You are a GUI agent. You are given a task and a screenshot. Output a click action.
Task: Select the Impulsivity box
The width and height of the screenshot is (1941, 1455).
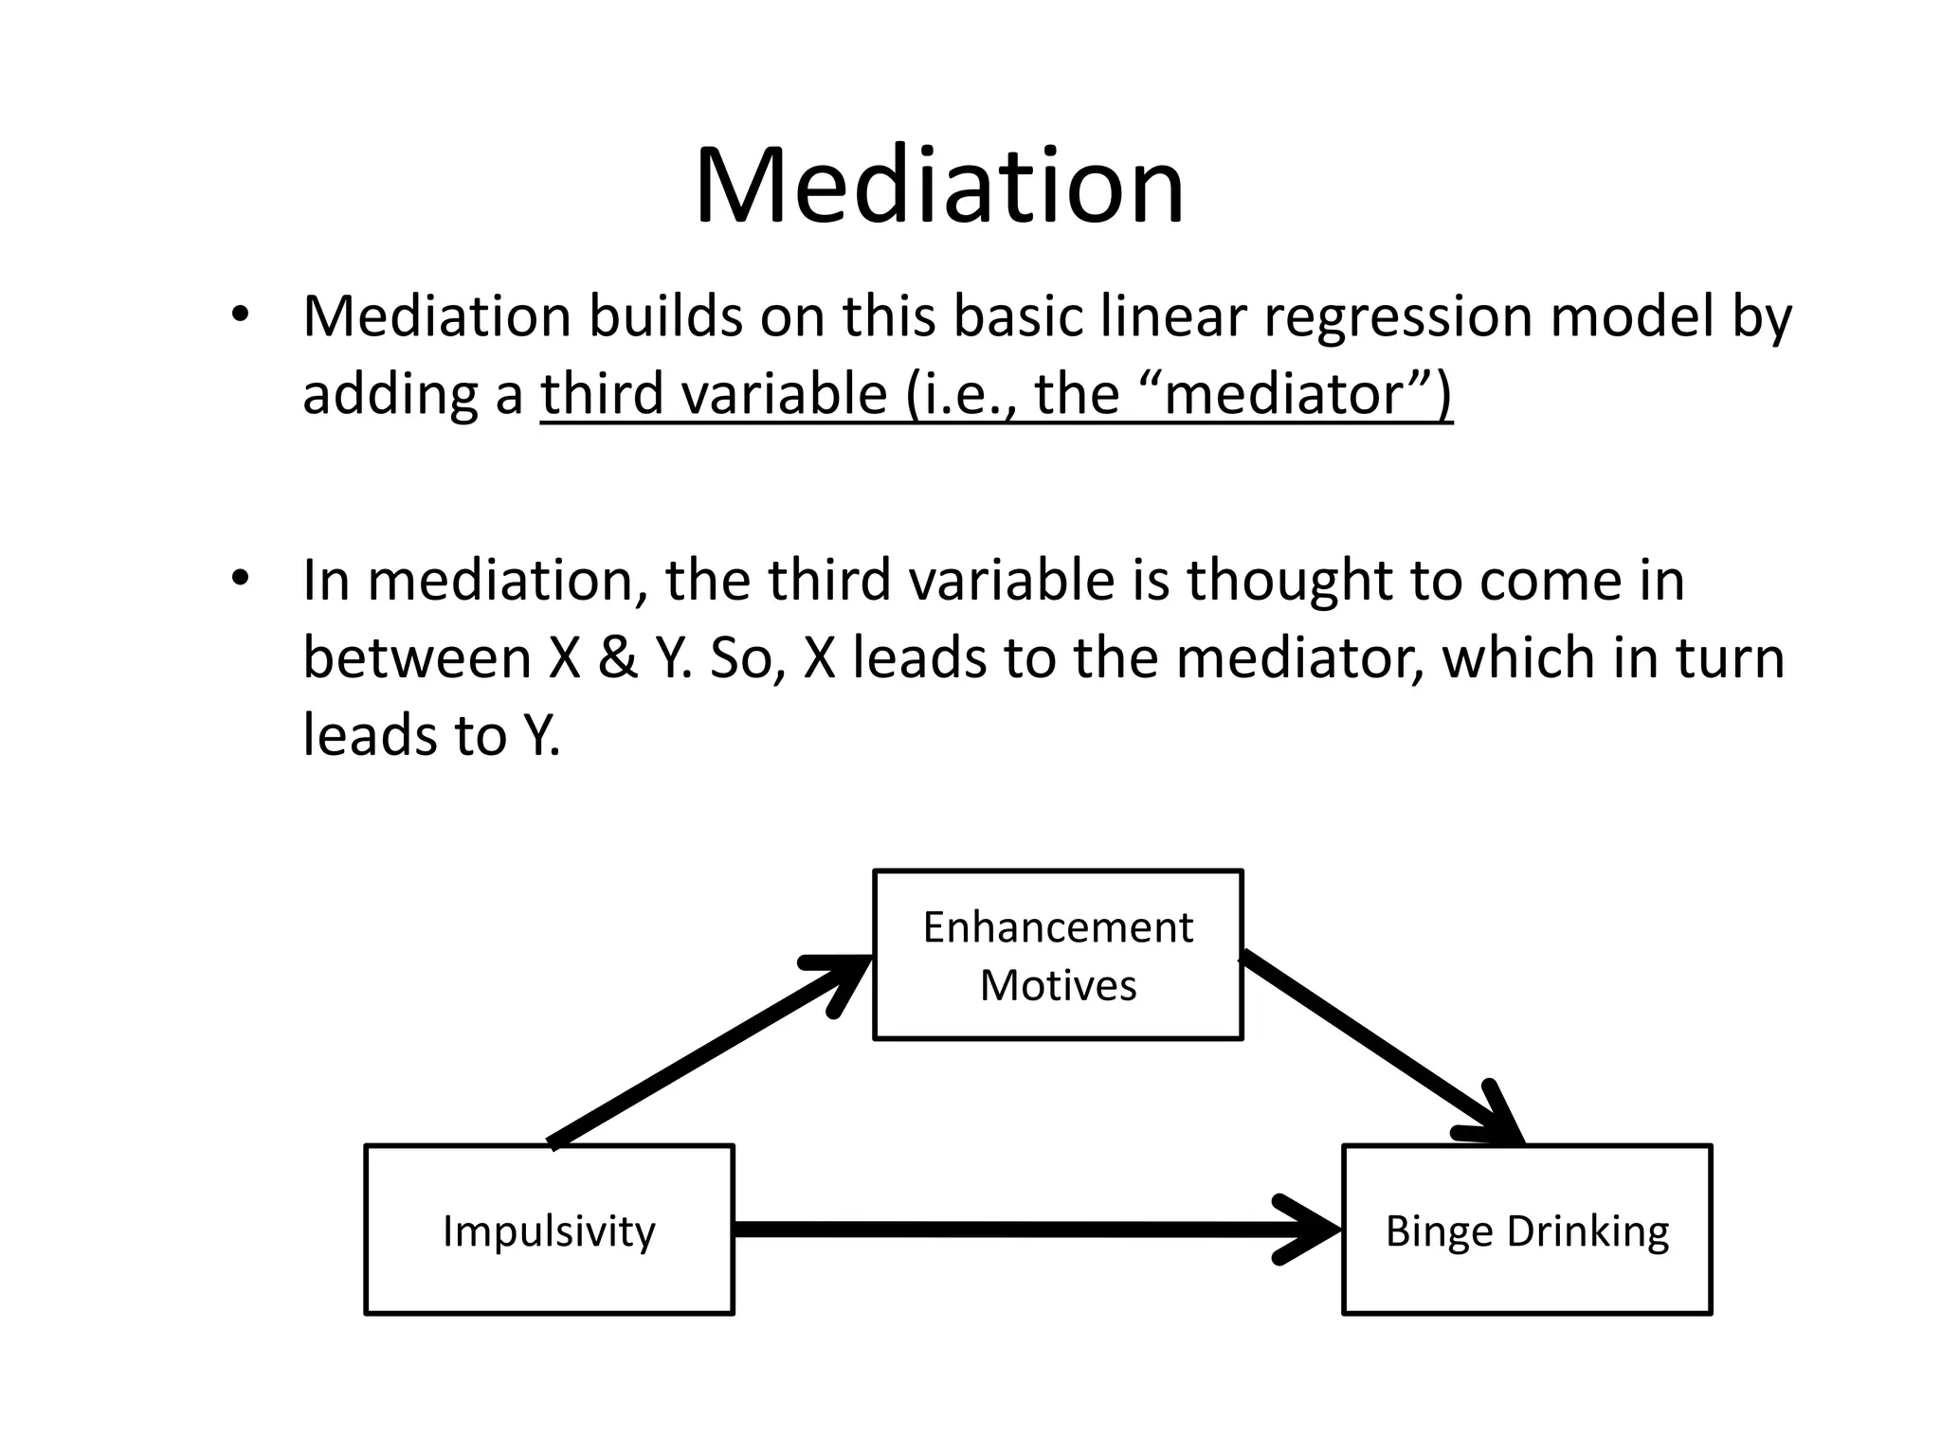tap(549, 1230)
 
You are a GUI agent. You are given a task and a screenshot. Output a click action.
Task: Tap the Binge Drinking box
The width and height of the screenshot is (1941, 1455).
tap(1527, 1230)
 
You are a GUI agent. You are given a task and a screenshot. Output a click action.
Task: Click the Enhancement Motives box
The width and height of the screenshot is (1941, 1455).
tap(1057, 955)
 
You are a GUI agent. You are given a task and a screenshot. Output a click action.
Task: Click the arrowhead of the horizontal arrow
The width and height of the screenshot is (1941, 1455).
tap(1313, 1230)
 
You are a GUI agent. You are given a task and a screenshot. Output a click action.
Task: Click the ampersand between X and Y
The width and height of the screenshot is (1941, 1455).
tap(618, 658)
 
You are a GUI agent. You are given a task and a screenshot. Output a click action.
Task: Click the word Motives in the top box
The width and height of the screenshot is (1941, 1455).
tap(1058, 985)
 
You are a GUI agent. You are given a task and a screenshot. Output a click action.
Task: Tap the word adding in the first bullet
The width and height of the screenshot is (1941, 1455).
tap(390, 394)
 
